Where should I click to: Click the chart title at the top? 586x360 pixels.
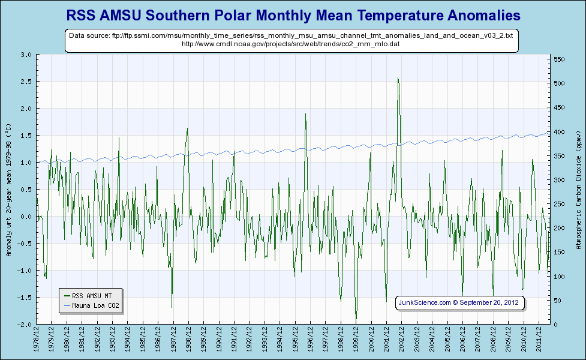pyautogui.click(x=293, y=14)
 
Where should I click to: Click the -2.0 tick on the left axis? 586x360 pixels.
pyautogui.click(x=25, y=325)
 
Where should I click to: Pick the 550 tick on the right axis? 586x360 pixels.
pyautogui.click(x=560, y=59)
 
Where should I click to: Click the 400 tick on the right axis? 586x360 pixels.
pyautogui.click(x=560, y=132)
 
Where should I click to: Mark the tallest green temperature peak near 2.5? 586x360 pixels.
pyautogui.click(x=398, y=79)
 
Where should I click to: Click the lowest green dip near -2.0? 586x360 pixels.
pyautogui.click(x=356, y=320)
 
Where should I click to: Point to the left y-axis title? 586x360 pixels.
pyautogui.click(x=8, y=190)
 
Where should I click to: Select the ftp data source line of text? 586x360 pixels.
pyautogui.click(x=291, y=36)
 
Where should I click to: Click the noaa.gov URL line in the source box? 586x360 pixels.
pyautogui.click(x=291, y=44)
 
